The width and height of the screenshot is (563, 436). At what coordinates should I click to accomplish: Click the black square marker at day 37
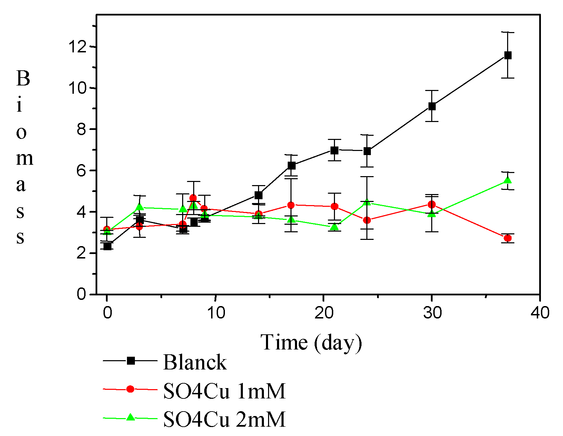point(508,55)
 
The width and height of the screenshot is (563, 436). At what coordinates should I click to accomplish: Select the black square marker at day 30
point(432,106)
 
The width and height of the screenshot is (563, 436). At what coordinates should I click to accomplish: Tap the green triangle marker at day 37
point(507,181)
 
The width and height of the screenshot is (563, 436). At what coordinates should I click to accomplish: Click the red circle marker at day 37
point(507,238)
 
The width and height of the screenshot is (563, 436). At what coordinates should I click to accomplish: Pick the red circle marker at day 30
point(432,204)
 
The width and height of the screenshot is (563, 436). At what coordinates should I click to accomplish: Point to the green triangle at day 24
point(367,202)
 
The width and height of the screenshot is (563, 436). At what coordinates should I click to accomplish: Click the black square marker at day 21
point(334,150)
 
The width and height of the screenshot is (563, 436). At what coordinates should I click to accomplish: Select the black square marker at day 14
point(258,195)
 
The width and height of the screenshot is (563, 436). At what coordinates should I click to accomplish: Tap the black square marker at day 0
point(107,246)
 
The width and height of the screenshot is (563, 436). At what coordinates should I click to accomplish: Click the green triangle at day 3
point(140,207)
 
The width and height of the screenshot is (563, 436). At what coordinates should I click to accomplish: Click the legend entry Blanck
point(195,362)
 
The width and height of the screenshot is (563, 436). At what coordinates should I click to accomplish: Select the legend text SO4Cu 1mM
point(224,391)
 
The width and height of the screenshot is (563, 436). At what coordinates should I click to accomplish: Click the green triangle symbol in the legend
point(130,417)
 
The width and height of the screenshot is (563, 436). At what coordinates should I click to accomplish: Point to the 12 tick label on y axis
point(77,47)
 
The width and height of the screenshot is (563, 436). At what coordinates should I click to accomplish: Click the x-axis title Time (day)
point(312,343)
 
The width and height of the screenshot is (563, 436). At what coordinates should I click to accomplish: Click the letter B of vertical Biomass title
point(23,79)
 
